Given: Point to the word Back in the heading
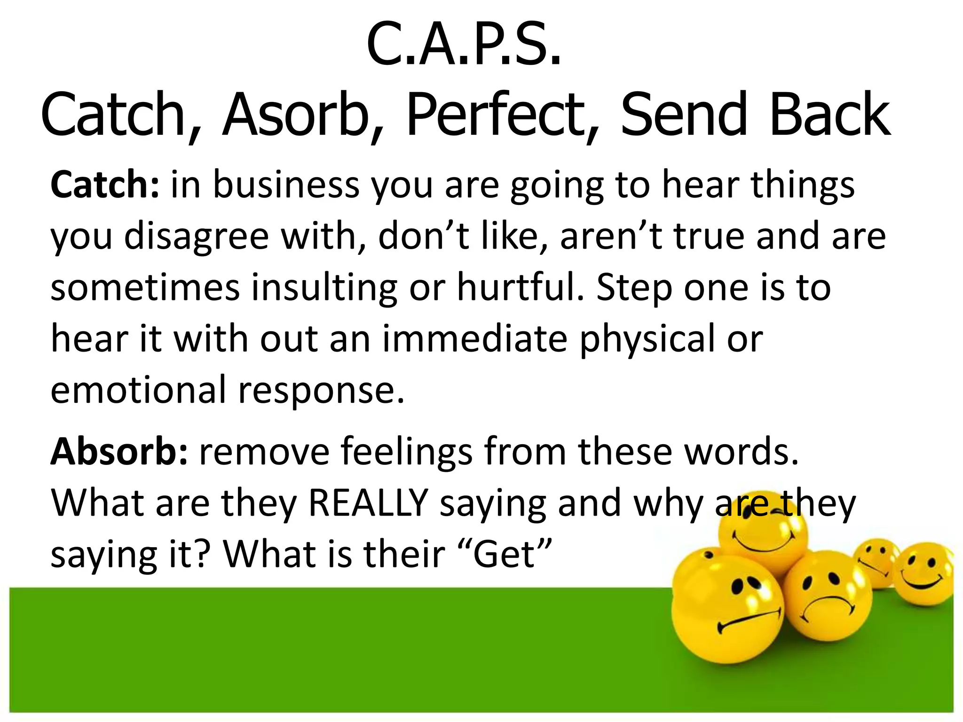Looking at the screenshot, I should (829, 115).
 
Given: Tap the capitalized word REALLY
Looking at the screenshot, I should (368, 503).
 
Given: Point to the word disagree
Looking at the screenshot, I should (196, 236).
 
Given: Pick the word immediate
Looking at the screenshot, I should (475, 339).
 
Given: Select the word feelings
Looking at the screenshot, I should (406, 452).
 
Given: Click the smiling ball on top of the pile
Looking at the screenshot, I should (763, 536).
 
